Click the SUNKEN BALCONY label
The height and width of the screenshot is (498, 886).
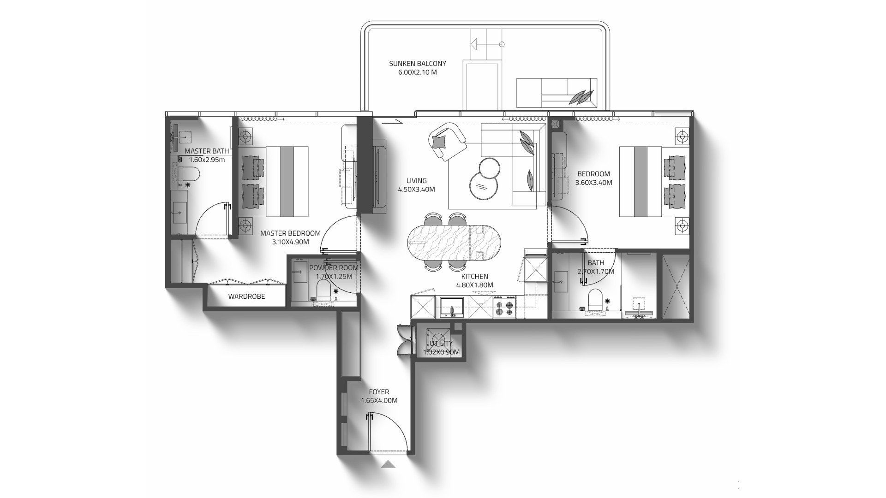(x=417, y=64)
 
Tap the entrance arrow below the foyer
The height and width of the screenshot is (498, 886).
(x=389, y=464)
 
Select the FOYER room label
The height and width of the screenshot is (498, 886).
(x=378, y=392)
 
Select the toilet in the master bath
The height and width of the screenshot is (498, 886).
(x=189, y=174)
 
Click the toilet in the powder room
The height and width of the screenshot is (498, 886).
(x=323, y=290)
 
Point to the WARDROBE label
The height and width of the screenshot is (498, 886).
(x=246, y=296)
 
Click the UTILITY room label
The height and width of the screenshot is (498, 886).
(x=442, y=344)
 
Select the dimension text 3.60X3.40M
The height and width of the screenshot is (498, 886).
(x=593, y=183)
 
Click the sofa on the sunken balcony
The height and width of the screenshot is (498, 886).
(x=555, y=92)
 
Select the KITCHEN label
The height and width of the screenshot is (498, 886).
(x=474, y=276)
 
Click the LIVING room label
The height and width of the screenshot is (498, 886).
(x=416, y=181)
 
